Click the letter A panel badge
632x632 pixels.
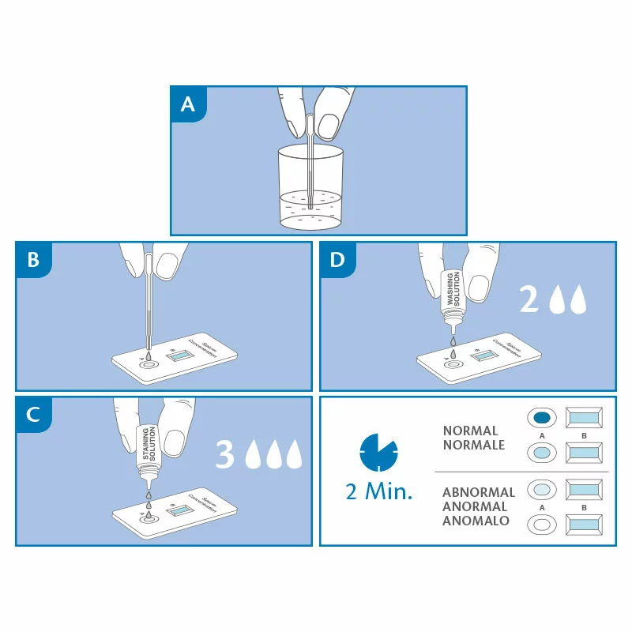coord(188,104)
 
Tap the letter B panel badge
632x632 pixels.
coord(33,260)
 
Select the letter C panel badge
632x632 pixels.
coord(33,416)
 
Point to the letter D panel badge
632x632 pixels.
coord(337,260)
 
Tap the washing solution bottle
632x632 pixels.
coord(453,289)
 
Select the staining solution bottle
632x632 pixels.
coord(146,446)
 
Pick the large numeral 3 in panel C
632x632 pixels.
coord(225,454)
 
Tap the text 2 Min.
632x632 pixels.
coord(379,493)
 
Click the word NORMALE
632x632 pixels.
coord(474,445)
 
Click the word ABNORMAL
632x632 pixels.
coord(479,492)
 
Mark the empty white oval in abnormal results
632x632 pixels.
coord(542,523)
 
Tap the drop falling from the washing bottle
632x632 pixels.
coord(453,341)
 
